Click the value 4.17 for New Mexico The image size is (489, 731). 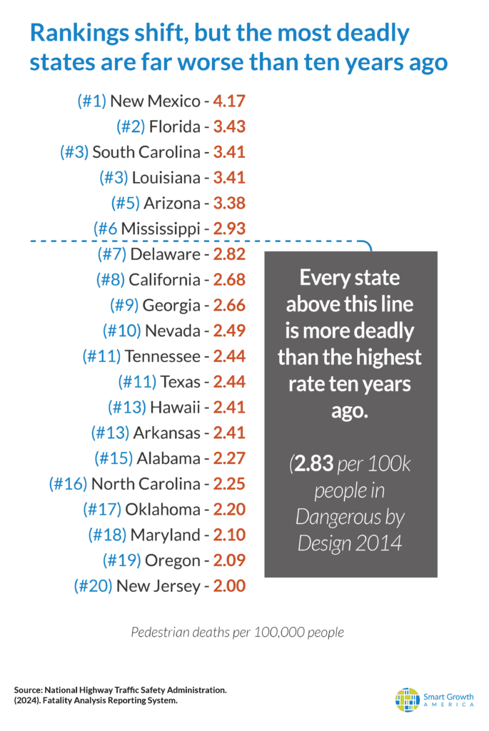(x=229, y=101)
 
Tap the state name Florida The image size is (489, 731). (x=175, y=127)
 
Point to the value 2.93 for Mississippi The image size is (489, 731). (x=229, y=229)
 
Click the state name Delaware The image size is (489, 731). (x=165, y=255)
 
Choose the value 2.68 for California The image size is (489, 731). (x=229, y=280)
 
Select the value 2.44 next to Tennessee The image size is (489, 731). (x=229, y=356)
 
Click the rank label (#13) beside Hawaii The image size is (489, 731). (x=127, y=408)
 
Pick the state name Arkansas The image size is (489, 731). (x=167, y=433)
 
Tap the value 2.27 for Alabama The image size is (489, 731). (x=229, y=458)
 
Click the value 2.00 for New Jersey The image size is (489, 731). (x=229, y=586)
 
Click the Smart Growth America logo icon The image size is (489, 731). (x=408, y=700)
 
